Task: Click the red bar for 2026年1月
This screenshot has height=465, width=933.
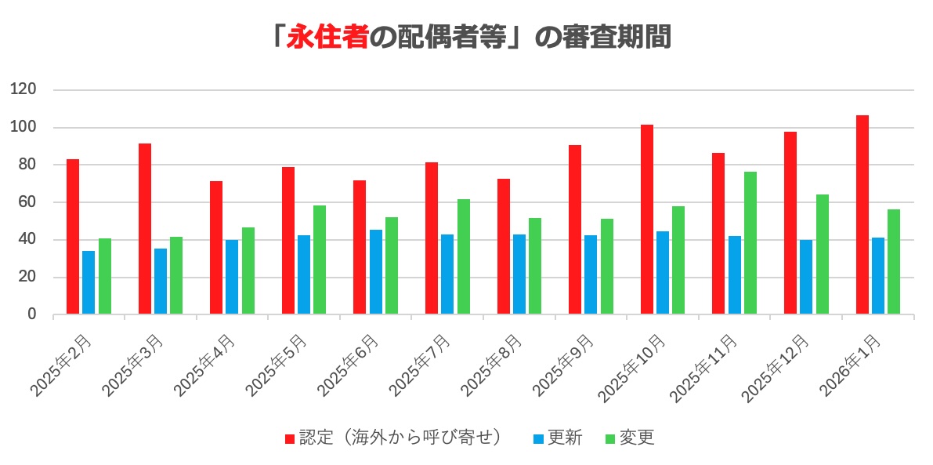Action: pyautogui.click(x=862, y=215)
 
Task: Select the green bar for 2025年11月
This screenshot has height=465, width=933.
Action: pyautogui.click(x=750, y=243)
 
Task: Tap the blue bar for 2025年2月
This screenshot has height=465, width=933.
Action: pyautogui.click(x=89, y=282)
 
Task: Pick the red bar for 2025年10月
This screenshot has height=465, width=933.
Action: pyautogui.click(x=646, y=220)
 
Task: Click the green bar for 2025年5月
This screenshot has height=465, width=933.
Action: pyautogui.click(x=320, y=260)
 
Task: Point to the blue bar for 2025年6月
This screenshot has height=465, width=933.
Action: pyautogui.click(x=375, y=272)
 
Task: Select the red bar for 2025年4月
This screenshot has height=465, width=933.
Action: pyautogui.click(x=216, y=248)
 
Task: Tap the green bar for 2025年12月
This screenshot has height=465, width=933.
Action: pyautogui.click(x=822, y=254)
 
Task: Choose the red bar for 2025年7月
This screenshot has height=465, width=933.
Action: pyautogui.click(x=432, y=238)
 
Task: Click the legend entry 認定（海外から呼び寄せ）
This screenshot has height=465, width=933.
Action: pyautogui.click(x=400, y=438)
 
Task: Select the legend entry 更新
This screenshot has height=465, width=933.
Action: pyautogui.click(x=564, y=438)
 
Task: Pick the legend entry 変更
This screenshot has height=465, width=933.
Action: pyautogui.click(x=636, y=438)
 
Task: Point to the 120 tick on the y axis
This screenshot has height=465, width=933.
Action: pyautogui.click(x=24, y=90)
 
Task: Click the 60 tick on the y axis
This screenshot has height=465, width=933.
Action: pyautogui.click(x=27, y=202)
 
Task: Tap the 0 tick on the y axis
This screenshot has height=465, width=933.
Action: pyautogui.click(x=31, y=314)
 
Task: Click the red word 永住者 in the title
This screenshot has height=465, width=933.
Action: pyautogui.click(x=327, y=37)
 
